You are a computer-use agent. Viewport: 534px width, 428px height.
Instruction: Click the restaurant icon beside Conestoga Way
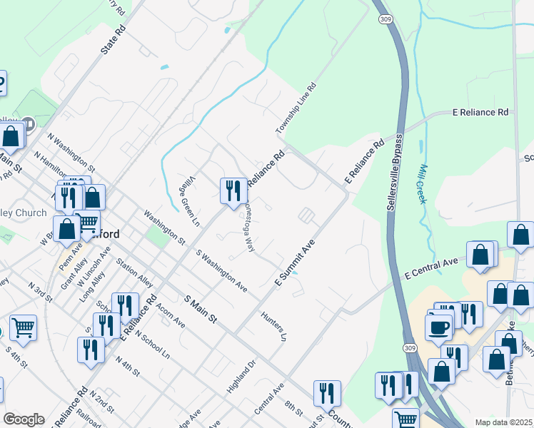coord(233,191)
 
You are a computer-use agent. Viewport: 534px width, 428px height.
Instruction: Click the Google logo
coord(24,419)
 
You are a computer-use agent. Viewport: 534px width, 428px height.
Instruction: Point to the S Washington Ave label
coord(221,270)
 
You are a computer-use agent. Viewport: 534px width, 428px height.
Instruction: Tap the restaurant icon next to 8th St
coord(327,393)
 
